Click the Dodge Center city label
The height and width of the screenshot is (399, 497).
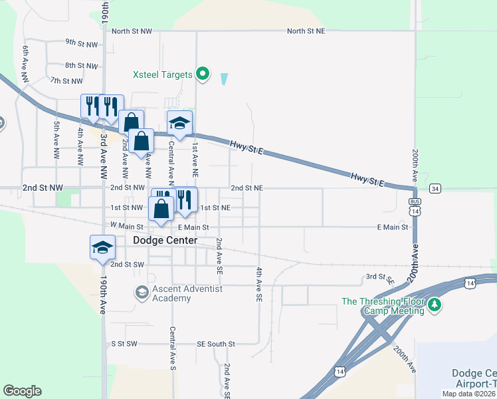[165, 240]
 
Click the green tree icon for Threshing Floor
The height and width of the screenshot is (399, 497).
[435, 305]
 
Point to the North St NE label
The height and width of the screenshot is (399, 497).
[306, 31]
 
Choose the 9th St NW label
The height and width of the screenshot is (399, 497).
[81, 44]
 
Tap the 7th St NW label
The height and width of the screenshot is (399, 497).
[66, 81]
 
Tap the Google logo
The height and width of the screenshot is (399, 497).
[22, 391]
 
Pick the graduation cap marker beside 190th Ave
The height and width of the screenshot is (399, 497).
[102, 247]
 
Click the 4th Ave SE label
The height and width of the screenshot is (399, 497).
[258, 285]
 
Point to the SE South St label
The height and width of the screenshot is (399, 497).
[216, 344]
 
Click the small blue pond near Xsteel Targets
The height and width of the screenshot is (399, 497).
[223, 78]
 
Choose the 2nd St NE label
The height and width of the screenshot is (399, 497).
[247, 188]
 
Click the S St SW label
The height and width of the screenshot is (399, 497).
[123, 344]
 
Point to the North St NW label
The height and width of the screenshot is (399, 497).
[132, 31]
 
